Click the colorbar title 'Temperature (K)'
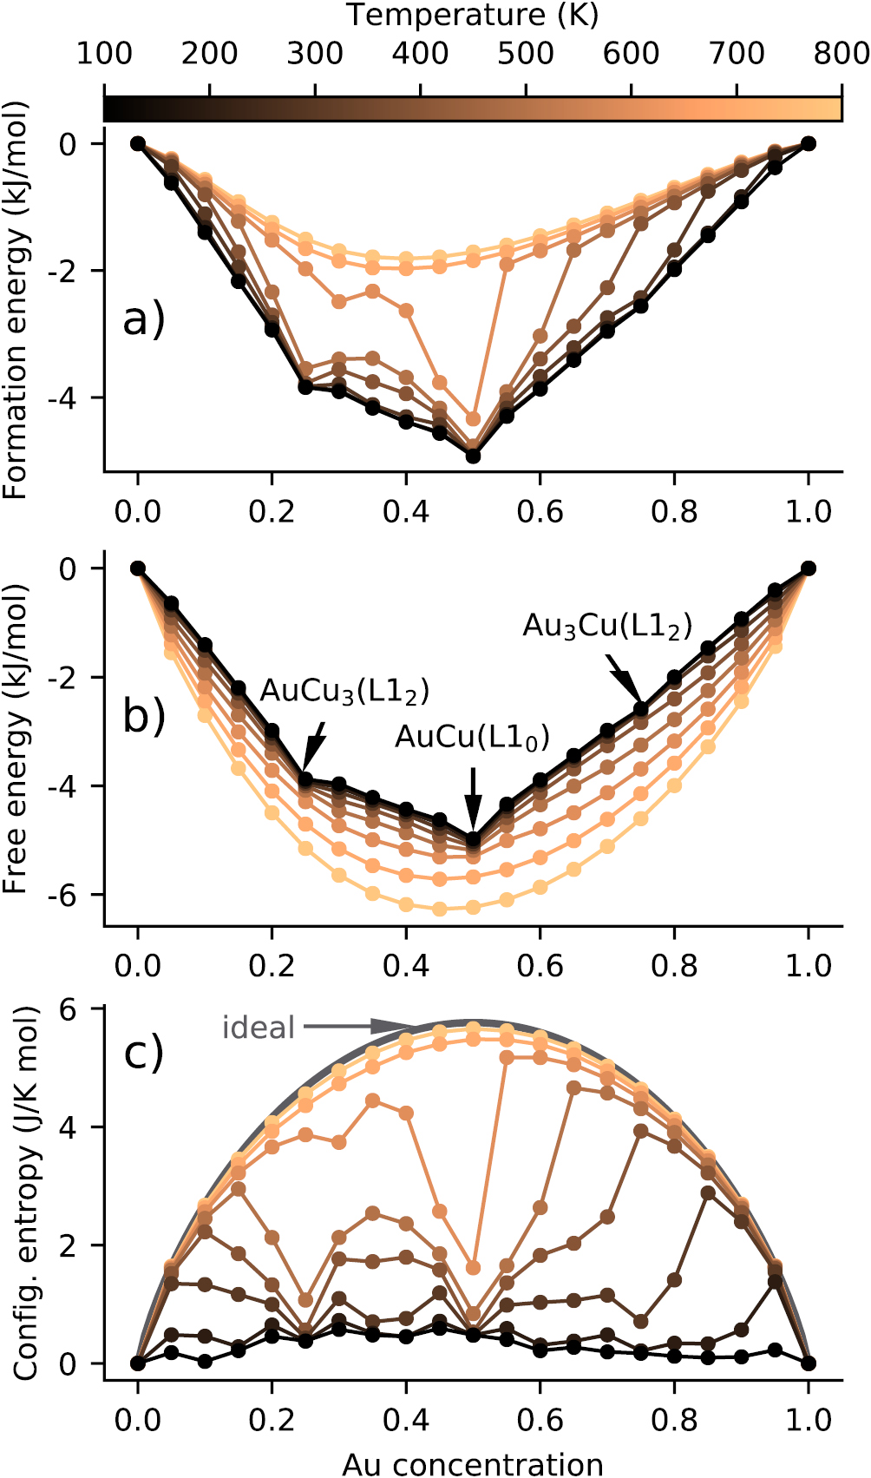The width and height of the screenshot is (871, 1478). pyautogui.click(x=472, y=16)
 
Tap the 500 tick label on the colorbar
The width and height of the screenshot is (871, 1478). pyautogui.click(x=526, y=54)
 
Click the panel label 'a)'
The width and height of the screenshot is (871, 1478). pyautogui.click(x=143, y=320)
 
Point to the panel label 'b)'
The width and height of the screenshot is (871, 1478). pyautogui.click(x=143, y=716)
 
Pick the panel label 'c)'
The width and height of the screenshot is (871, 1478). pyautogui.click(x=143, y=1053)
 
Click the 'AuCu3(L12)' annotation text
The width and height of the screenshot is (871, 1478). pyautogui.click(x=344, y=691)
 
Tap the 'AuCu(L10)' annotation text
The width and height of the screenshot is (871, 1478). pyautogui.click(x=472, y=737)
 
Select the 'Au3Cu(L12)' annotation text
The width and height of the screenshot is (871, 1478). pyautogui.click(x=607, y=626)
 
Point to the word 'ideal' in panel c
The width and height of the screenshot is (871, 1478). pyautogui.click(x=259, y=1028)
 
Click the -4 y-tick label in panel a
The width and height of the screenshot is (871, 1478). pyautogui.click(x=69, y=398)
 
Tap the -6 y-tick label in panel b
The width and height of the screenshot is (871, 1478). pyautogui.click(x=69, y=895)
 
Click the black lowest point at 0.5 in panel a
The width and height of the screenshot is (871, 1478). pyautogui.click(x=473, y=456)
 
